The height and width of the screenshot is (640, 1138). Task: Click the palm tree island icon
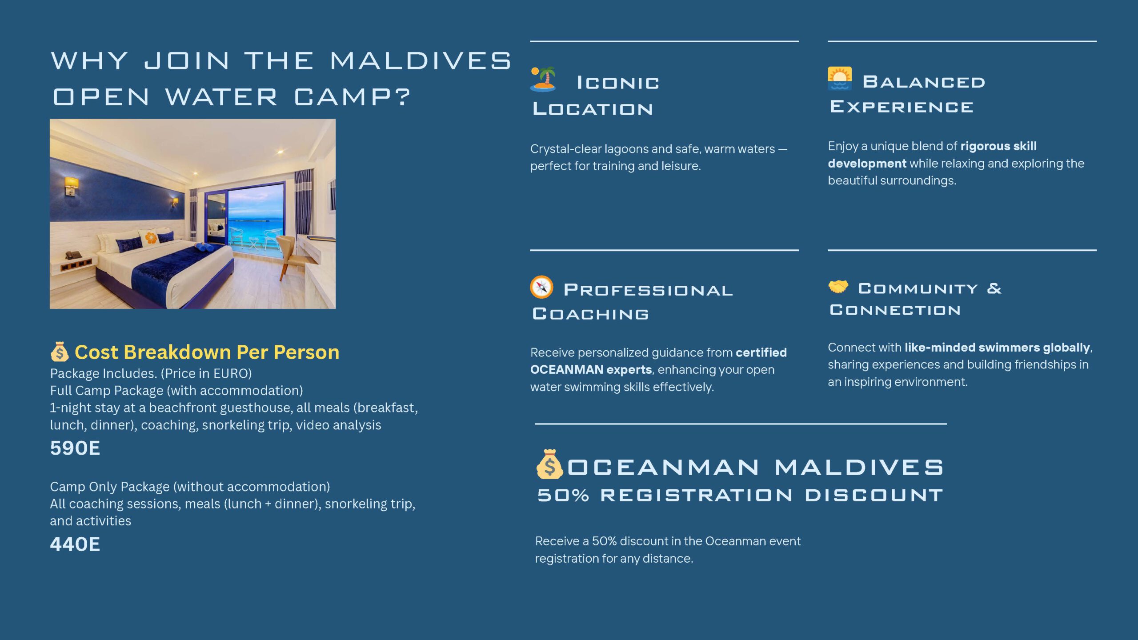[x=543, y=79]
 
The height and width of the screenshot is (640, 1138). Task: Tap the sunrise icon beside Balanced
[x=840, y=79]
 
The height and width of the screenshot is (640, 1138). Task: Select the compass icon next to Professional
[x=541, y=287]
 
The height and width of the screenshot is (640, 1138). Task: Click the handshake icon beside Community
[x=838, y=287]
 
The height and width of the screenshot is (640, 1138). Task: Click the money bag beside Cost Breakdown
[x=60, y=352]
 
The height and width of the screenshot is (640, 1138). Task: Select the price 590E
[x=75, y=448]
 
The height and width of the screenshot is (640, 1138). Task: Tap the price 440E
[x=75, y=544]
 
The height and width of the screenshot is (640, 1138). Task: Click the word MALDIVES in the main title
[x=421, y=60]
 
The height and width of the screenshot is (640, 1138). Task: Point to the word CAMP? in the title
[x=352, y=97]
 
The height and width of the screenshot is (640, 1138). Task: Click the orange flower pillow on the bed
[x=151, y=237]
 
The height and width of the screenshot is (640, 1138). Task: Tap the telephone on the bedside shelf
[x=73, y=255]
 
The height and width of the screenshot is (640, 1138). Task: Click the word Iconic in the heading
[x=618, y=83]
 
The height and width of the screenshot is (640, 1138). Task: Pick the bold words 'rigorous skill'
[x=998, y=146]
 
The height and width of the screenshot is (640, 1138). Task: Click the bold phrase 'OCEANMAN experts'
[x=591, y=370]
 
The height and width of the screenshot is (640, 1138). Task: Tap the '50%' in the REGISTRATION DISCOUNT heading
[x=563, y=495]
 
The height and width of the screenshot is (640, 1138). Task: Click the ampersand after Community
[x=994, y=288]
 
